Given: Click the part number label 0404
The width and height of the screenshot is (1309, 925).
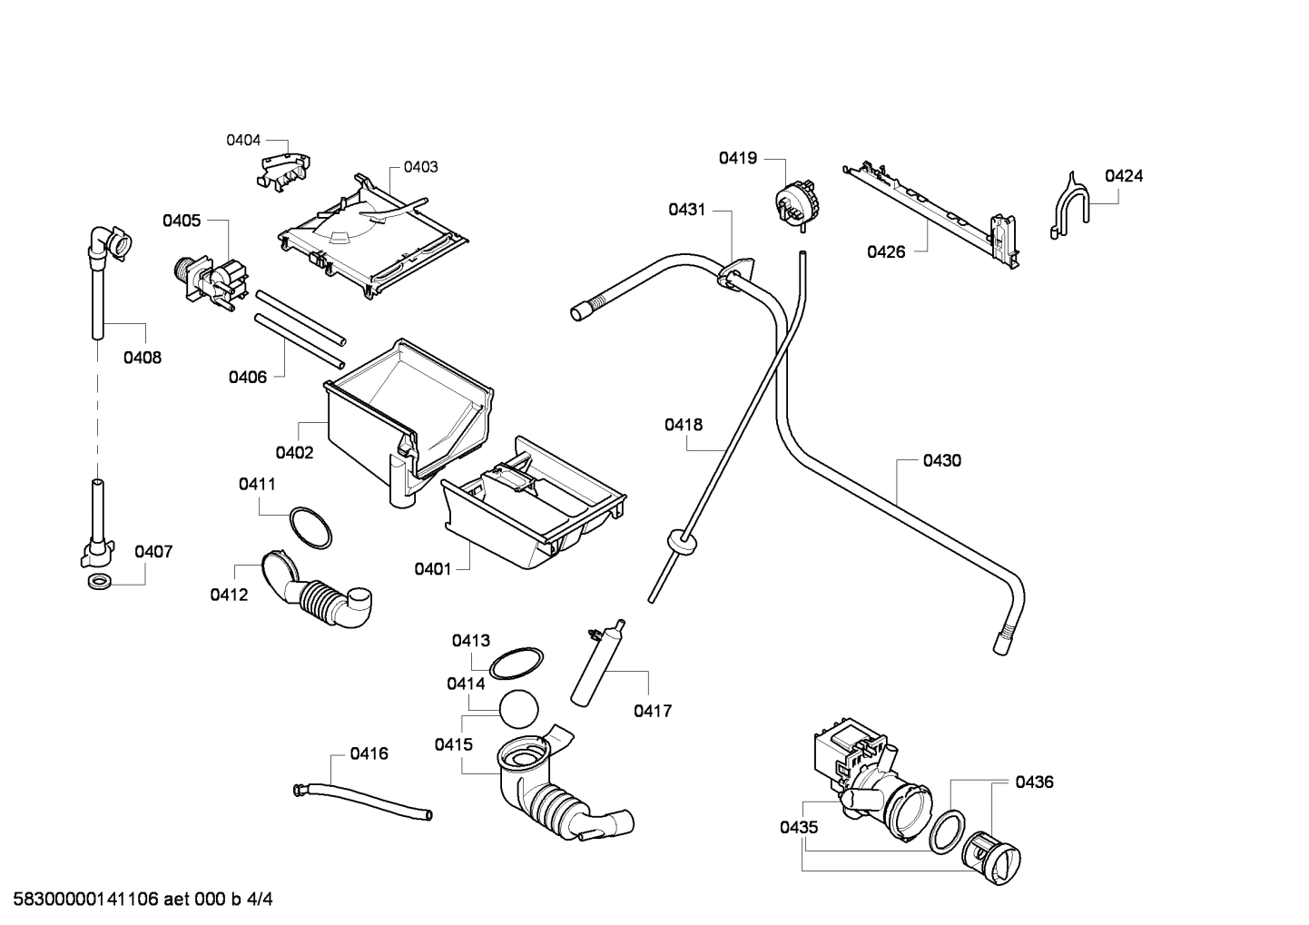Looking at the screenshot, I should (x=243, y=140).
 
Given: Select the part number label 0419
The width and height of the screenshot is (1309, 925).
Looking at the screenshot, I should (x=738, y=158).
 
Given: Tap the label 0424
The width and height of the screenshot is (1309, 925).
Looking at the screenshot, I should (x=1123, y=176).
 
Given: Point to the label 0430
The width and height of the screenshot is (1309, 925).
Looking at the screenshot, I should (x=941, y=460).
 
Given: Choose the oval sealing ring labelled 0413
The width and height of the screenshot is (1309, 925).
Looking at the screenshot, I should (x=517, y=663).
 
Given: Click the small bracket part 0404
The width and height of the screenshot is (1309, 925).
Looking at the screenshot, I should (x=284, y=170).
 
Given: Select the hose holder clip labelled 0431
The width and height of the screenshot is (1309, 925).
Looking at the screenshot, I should (x=736, y=273).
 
